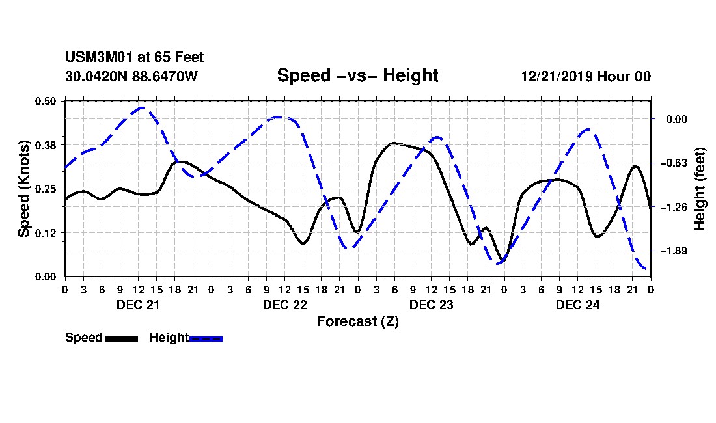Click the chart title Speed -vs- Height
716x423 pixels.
click(357, 75)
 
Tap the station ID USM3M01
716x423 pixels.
click(99, 57)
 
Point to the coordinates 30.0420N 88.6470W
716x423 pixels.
click(131, 76)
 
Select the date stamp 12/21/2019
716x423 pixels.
click(557, 76)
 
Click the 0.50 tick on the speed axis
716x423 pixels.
click(45, 101)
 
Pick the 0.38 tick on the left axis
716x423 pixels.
click(45, 145)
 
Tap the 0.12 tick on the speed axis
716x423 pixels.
click(45, 233)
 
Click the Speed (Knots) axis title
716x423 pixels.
click(23, 189)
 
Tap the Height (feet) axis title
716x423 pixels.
click(700, 189)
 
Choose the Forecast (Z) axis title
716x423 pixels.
click(357, 321)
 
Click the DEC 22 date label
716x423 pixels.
click(285, 305)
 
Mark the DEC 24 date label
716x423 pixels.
click(577, 305)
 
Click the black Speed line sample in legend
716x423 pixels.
click(122, 338)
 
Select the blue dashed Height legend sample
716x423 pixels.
click(206, 338)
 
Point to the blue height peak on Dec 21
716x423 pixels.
click(141, 107)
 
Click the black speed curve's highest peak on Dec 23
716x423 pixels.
click(392, 143)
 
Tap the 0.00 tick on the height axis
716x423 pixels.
click(676, 119)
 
